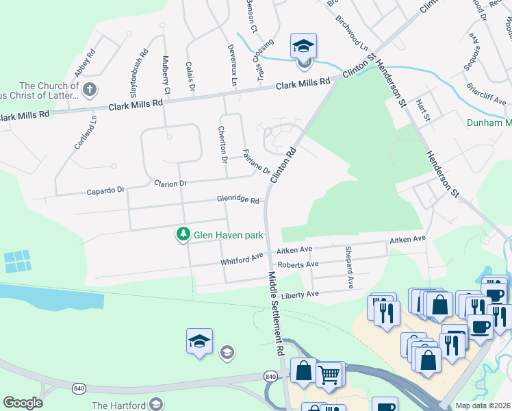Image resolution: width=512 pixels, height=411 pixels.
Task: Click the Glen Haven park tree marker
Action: [x=183, y=235]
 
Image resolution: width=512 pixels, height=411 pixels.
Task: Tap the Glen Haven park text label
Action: [x=229, y=235]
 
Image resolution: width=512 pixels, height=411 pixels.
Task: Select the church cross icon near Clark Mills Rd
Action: [x=89, y=90]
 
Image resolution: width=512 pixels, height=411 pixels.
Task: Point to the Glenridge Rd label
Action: [x=238, y=200]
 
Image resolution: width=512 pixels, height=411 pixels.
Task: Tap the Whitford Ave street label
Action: [x=242, y=259]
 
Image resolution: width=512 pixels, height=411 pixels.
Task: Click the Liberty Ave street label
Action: [x=300, y=295]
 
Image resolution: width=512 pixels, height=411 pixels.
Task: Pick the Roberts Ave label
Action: [x=298, y=264]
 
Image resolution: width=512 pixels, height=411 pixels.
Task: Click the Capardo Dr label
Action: [x=107, y=190]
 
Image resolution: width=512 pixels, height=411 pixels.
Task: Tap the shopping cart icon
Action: [x=330, y=373]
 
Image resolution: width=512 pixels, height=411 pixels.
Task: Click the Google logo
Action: [x=23, y=403]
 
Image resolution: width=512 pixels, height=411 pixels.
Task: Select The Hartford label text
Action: [x=119, y=406]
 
